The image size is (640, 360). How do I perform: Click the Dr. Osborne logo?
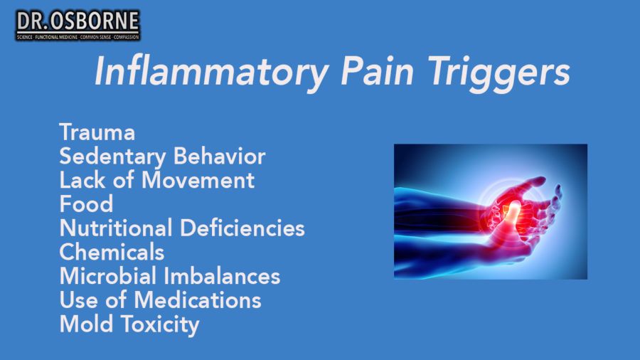pos(78,25)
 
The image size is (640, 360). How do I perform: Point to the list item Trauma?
pos(97,132)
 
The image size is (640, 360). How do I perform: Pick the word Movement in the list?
pos(198,180)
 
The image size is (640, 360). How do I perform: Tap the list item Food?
pos(86,204)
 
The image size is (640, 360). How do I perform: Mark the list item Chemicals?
pos(112,252)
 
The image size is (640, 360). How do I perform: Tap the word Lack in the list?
pos(82,180)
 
